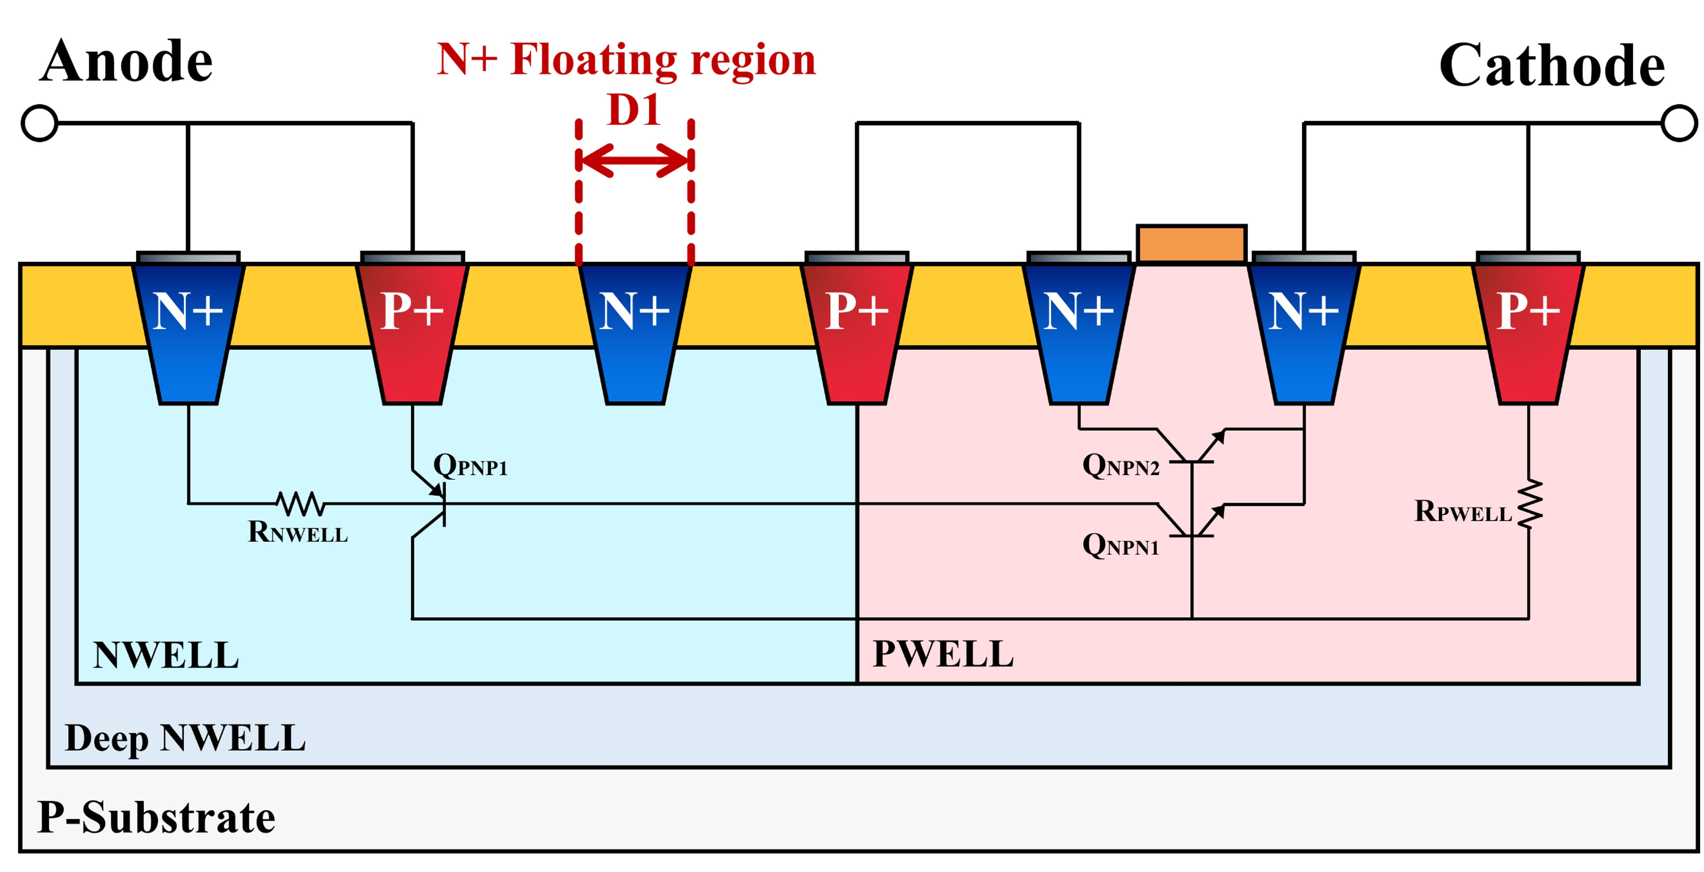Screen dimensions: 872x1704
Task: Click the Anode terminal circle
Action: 40,123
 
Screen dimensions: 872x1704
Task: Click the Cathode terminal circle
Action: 1679,123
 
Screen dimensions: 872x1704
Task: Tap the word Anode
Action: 126,62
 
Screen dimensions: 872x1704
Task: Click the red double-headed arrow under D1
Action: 634,160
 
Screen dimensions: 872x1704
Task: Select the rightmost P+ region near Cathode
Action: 1528,331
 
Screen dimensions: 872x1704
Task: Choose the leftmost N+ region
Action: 188,331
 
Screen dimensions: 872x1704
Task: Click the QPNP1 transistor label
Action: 470,465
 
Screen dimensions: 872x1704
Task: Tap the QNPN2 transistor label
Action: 1120,465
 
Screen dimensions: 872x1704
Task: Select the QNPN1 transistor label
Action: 1120,545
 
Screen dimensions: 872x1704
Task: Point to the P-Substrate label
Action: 156,817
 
